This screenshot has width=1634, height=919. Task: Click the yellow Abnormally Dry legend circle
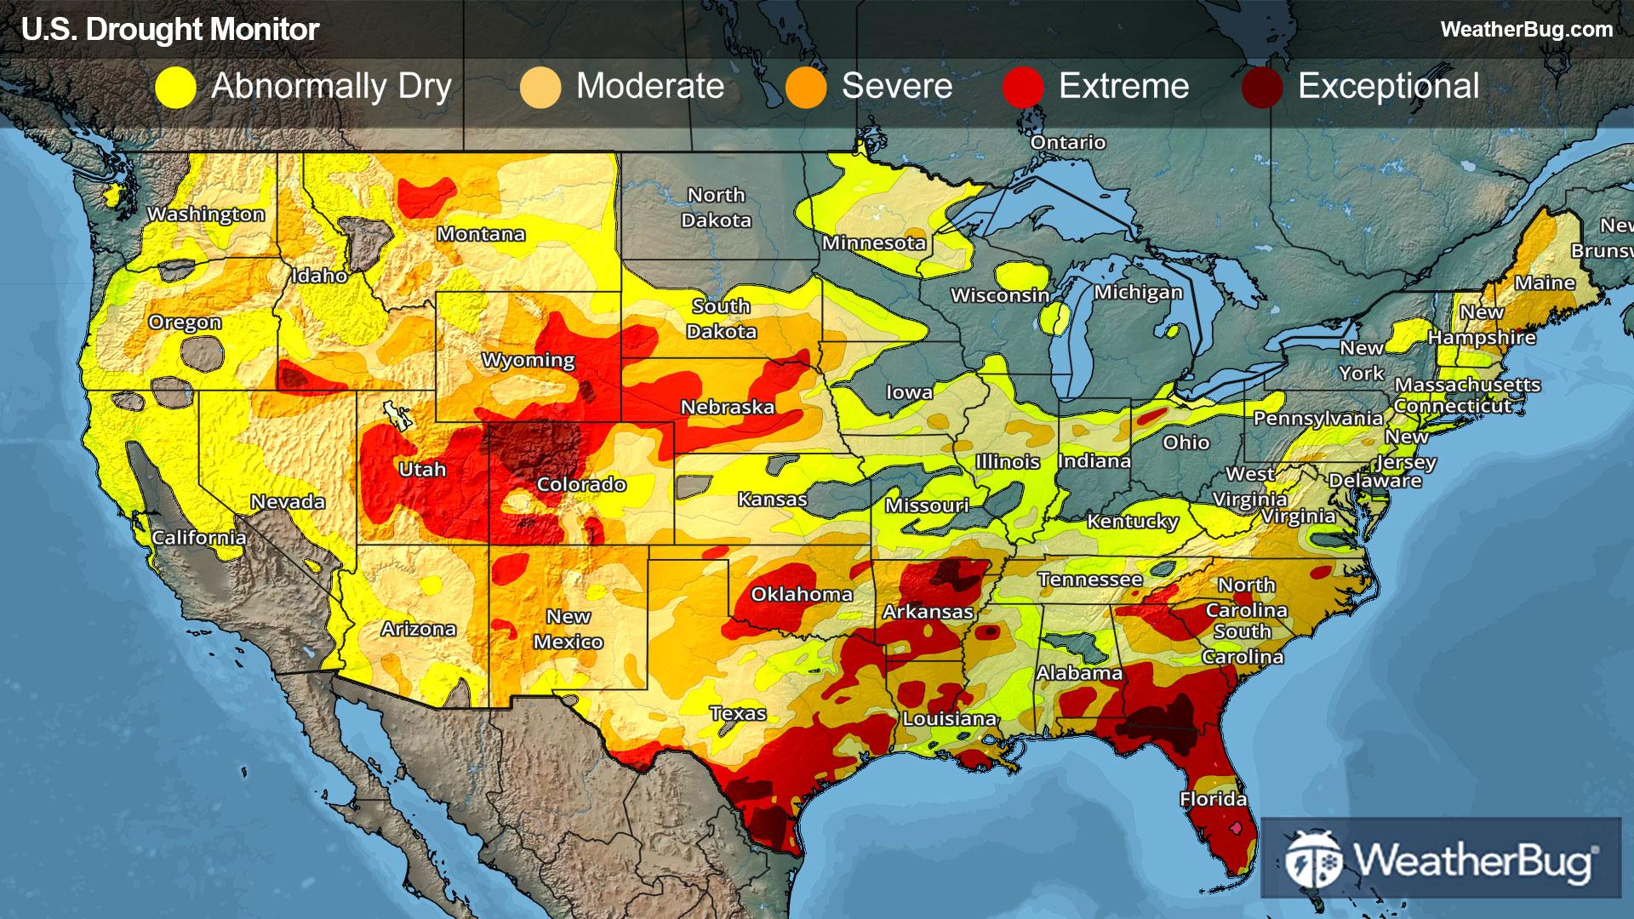click(x=176, y=88)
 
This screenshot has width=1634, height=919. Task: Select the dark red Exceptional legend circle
click(x=1261, y=88)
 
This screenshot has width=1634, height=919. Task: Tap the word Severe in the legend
click(x=897, y=87)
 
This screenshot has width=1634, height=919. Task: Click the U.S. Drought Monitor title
click(x=170, y=30)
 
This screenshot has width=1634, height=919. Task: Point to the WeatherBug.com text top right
click(x=1526, y=30)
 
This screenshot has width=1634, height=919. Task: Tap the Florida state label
click(x=1213, y=799)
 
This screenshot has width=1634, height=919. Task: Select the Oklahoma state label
click(x=802, y=594)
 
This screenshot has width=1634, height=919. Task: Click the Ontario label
click(x=1067, y=142)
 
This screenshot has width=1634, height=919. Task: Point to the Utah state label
click(x=422, y=469)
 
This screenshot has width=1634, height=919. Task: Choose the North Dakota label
click(x=717, y=208)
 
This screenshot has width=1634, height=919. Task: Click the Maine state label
click(x=1545, y=283)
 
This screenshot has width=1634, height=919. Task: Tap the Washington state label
click(x=206, y=214)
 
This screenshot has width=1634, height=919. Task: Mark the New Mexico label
click(x=568, y=629)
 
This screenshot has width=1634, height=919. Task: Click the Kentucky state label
click(x=1132, y=521)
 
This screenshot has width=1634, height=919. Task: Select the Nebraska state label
click(x=728, y=407)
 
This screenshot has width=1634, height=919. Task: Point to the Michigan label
click(x=1138, y=293)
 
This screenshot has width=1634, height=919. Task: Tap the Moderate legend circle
click(x=540, y=88)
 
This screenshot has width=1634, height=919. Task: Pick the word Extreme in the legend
click(x=1123, y=87)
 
